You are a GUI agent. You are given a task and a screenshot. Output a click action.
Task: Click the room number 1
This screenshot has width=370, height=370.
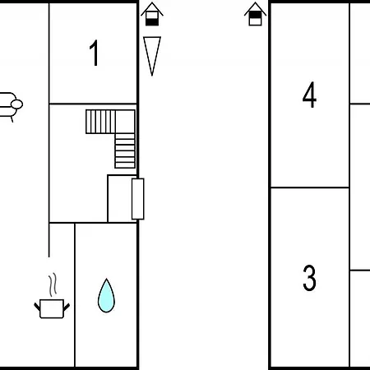pos(94,53)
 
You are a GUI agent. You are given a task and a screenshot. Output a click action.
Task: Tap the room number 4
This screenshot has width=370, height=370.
pos(309,95)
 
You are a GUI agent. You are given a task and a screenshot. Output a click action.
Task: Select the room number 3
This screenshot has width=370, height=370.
pos(309,278)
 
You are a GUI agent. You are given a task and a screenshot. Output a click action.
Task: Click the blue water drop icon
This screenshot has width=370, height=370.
pos(106,296)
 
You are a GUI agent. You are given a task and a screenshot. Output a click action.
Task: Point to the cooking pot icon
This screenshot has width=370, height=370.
pos(52,308)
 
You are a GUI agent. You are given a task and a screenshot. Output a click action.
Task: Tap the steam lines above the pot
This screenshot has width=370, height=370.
pos(53,284)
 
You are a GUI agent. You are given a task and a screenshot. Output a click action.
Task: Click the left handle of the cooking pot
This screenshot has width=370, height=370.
pos(37,307)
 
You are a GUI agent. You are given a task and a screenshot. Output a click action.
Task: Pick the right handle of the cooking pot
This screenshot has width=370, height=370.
pos(67,307)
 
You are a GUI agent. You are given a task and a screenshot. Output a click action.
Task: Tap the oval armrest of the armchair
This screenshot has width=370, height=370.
pos(16,104)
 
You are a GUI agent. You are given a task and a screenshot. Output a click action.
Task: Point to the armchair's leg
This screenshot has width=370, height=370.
pos(12,119)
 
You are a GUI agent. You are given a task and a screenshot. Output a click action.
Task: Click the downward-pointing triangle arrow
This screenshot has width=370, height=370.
pos(152,56)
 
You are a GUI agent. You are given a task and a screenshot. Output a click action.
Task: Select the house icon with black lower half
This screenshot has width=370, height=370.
pos(152,14)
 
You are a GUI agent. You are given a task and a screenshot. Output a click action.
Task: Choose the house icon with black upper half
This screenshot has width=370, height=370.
pos(255,14)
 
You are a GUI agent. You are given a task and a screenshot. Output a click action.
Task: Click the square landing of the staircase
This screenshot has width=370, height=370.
pos(125,122)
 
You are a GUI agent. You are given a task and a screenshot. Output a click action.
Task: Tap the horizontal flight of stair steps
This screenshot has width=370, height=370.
pos(100,122)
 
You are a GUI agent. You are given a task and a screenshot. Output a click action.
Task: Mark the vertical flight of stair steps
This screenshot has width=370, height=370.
pos(125,150)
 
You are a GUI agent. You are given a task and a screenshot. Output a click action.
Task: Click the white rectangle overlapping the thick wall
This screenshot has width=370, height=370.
pos(138,199)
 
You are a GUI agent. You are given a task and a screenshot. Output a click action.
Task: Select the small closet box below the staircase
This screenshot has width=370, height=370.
pos(122,199)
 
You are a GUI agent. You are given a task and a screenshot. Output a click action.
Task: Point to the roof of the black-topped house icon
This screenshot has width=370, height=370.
pos(255,8)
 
